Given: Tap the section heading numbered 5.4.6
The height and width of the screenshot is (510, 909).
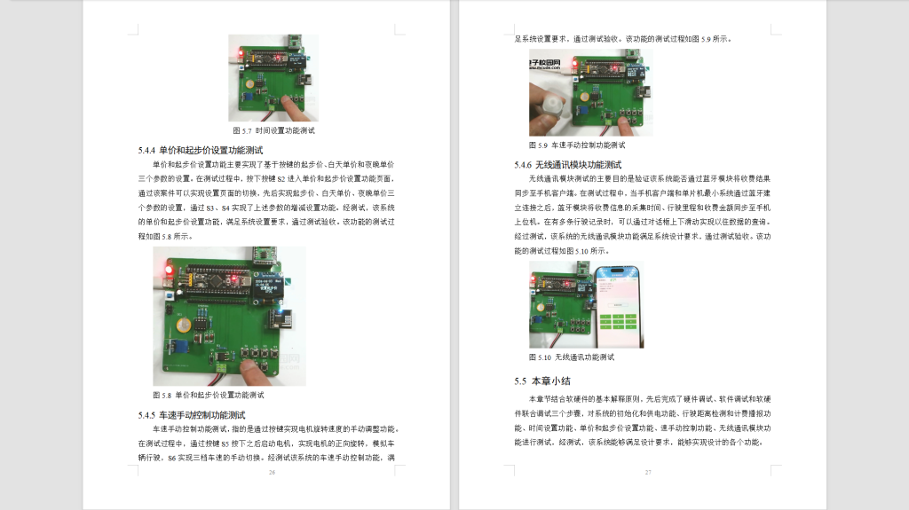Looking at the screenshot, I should (568, 164).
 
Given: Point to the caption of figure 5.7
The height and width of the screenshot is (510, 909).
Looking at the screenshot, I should (273, 130).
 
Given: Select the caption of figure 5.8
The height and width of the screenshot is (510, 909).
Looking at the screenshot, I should (209, 395).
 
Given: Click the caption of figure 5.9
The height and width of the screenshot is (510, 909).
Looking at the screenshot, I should (577, 144).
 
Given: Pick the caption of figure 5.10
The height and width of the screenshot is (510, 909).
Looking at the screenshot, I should (572, 357).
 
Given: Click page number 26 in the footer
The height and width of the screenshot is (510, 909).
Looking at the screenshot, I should (272, 472).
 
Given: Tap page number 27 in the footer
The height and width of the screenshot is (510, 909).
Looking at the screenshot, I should (648, 472).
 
